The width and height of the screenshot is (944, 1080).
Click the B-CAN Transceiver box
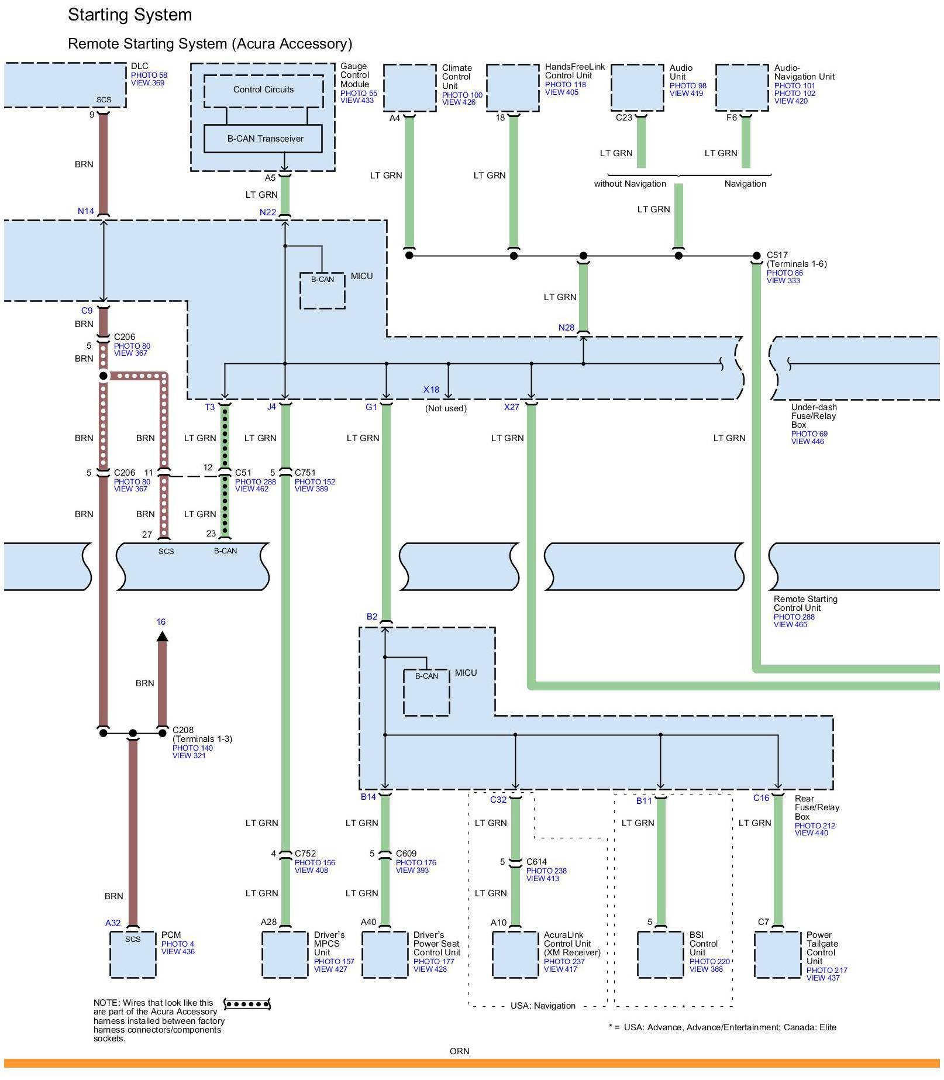(263, 139)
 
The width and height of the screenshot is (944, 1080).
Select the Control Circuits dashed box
(263, 90)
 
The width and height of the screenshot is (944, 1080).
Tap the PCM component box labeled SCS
(133, 954)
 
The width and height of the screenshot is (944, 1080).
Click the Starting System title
(130, 15)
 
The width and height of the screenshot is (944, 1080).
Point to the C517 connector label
(777, 255)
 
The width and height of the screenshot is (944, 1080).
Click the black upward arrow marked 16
(162, 636)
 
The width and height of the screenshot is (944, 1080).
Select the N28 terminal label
(566, 328)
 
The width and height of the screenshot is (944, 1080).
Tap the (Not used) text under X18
(446, 408)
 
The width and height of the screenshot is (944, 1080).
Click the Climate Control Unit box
(409, 88)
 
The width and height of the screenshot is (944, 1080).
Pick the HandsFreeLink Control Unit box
(513, 88)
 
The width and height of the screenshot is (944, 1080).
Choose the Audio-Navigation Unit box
(742, 88)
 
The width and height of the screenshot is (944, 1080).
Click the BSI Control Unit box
(660, 954)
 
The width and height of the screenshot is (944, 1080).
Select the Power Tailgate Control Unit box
(777, 954)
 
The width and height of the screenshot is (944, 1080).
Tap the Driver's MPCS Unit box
(285, 954)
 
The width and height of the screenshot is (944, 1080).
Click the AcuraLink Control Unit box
(515, 954)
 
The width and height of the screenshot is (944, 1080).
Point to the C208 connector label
(183, 730)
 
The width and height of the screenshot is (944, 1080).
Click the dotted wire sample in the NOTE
(247, 1005)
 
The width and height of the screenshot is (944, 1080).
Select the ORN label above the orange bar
(460, 1051)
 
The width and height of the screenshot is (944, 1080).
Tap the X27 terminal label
(511, 407)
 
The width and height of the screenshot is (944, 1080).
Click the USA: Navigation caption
(543, 1006)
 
